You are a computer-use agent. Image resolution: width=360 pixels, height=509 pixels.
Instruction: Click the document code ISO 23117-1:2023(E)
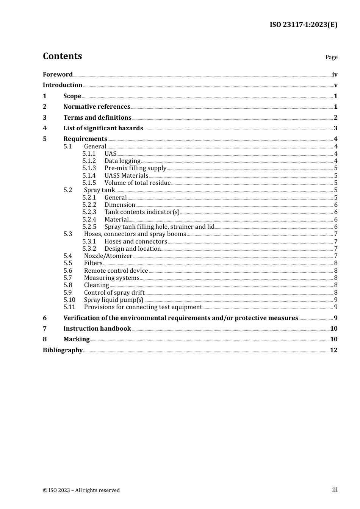(303, 25)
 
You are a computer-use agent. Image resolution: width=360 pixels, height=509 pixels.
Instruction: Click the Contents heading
(62, 56)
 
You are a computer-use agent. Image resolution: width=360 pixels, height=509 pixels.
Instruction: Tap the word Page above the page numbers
(331, 57)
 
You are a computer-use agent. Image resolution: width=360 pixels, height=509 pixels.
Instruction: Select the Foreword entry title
(58, 75)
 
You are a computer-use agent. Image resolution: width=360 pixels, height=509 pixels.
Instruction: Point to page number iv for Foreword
(335, 75)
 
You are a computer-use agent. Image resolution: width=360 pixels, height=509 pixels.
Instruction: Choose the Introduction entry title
(63, 85)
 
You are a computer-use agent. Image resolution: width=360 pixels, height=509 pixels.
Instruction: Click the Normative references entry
(97, 107)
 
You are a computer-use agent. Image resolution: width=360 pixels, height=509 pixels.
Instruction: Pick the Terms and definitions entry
(97, 118)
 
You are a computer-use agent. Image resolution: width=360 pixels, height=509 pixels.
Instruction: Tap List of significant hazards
(103, 128)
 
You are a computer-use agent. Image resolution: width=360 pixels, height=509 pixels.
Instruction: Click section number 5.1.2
(89, 161)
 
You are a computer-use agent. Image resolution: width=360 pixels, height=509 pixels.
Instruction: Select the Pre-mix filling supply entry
(135, 168)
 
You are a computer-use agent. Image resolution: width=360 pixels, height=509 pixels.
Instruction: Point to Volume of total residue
(138, 183)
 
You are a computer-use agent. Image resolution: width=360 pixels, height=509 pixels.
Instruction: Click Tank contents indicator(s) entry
(142, 212)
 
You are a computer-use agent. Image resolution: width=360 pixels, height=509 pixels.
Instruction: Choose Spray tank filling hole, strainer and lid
(160, 227)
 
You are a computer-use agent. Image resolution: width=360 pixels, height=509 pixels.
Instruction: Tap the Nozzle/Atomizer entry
(108, 256)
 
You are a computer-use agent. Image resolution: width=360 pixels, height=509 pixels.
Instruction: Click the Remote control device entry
(116, 271)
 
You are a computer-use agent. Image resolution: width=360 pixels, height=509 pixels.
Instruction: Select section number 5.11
(69, 307)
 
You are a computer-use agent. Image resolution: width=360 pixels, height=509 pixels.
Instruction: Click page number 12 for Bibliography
(333, 350)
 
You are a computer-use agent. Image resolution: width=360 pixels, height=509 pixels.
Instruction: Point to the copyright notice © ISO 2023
(81, 490)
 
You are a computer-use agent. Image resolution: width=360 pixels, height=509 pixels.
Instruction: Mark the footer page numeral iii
(335, 490)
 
